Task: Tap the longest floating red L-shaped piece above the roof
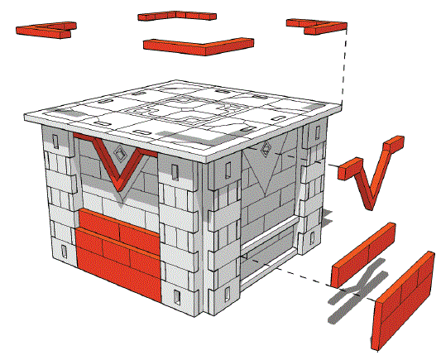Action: click(198, 44)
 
